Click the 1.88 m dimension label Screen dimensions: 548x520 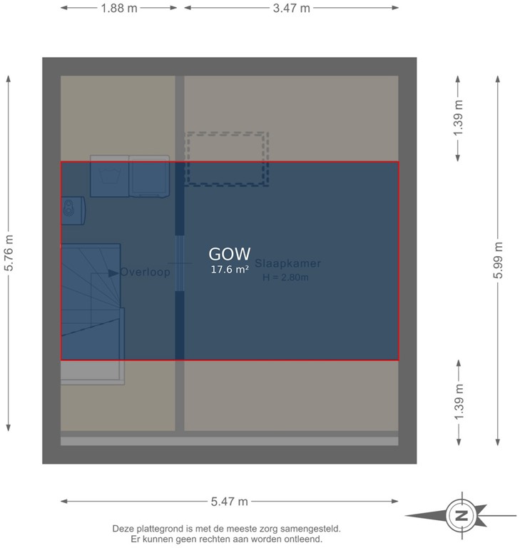(x=119, y=9)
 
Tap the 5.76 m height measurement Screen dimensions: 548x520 (x=9, y=253)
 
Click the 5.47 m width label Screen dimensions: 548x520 (x=229, y=502)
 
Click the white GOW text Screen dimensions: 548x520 (x=229, y=254)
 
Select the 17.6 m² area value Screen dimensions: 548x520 (x=229, y=270)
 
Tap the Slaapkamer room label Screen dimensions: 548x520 (x=287, y=263)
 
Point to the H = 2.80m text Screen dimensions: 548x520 (x=285, y=278)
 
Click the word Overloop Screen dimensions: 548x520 (x=146, y=272)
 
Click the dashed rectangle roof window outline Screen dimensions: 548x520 (x=227, y=158)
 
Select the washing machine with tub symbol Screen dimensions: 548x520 (x=109, y=176)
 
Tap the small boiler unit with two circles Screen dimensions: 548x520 (x=71, y=208)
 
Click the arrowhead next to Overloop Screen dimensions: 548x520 (x=113, y=273)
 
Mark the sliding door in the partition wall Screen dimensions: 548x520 (x=180, y=263)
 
